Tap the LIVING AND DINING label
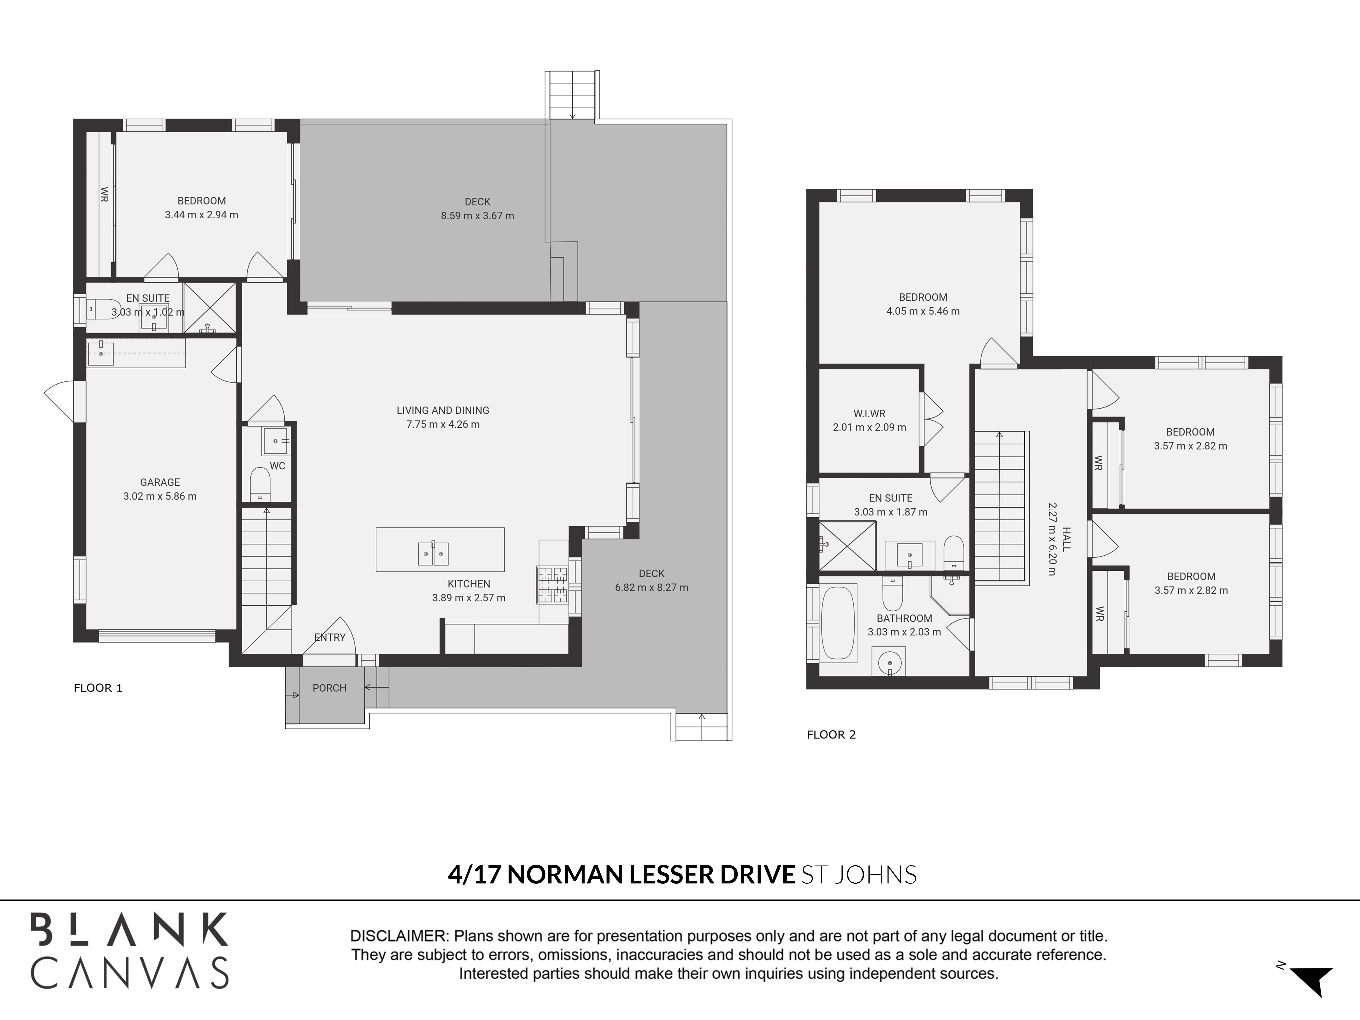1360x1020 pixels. [x=443, y=410]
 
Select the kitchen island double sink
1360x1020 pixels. [x=434, y=553]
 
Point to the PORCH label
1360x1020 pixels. [x=330, y=688]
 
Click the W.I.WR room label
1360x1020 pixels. [x=869, y=414]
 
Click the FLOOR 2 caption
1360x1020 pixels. [x=831, y=735]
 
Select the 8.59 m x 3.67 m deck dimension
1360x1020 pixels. [x=477, y=216]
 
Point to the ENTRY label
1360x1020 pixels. [x=330, y=638]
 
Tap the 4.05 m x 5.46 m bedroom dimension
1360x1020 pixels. [x=923, y=311]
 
